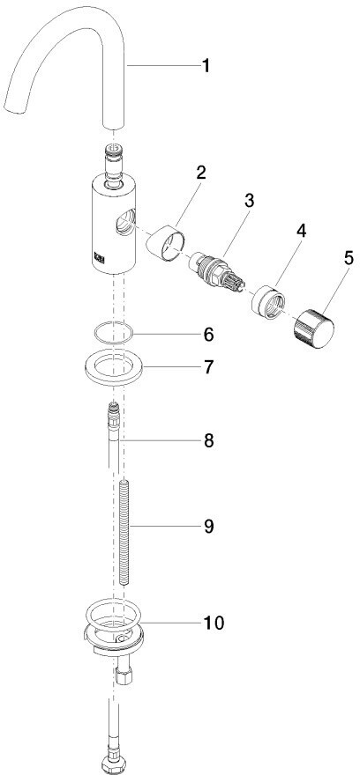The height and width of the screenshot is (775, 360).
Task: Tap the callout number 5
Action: point(349,259)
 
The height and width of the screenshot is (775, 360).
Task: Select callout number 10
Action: point(213,624)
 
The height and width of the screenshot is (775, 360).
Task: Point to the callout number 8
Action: point(208,440)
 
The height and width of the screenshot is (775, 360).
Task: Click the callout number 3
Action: point(249,201)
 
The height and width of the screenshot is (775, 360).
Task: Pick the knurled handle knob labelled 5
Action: point(314,328)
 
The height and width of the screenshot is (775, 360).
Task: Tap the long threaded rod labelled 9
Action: point(124,533)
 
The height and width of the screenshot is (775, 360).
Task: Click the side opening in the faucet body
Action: point(124,220)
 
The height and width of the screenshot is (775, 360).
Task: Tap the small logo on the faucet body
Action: point(98,257)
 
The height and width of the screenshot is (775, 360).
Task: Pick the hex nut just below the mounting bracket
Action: point(123,675)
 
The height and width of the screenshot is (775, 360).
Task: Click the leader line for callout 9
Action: point(163,526)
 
